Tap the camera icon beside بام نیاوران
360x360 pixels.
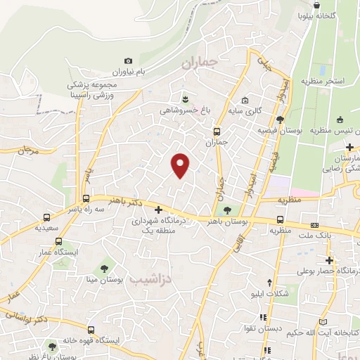128,62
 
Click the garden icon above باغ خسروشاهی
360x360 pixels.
185,99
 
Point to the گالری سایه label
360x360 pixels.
244,110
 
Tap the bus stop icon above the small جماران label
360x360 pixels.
217,131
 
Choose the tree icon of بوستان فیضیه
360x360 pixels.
281,120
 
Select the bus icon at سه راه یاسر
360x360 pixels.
86,198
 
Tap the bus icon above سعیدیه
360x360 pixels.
46,218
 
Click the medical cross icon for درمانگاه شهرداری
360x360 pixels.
159,210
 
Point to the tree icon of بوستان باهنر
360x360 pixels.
226,210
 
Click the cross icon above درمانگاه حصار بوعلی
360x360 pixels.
328,259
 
